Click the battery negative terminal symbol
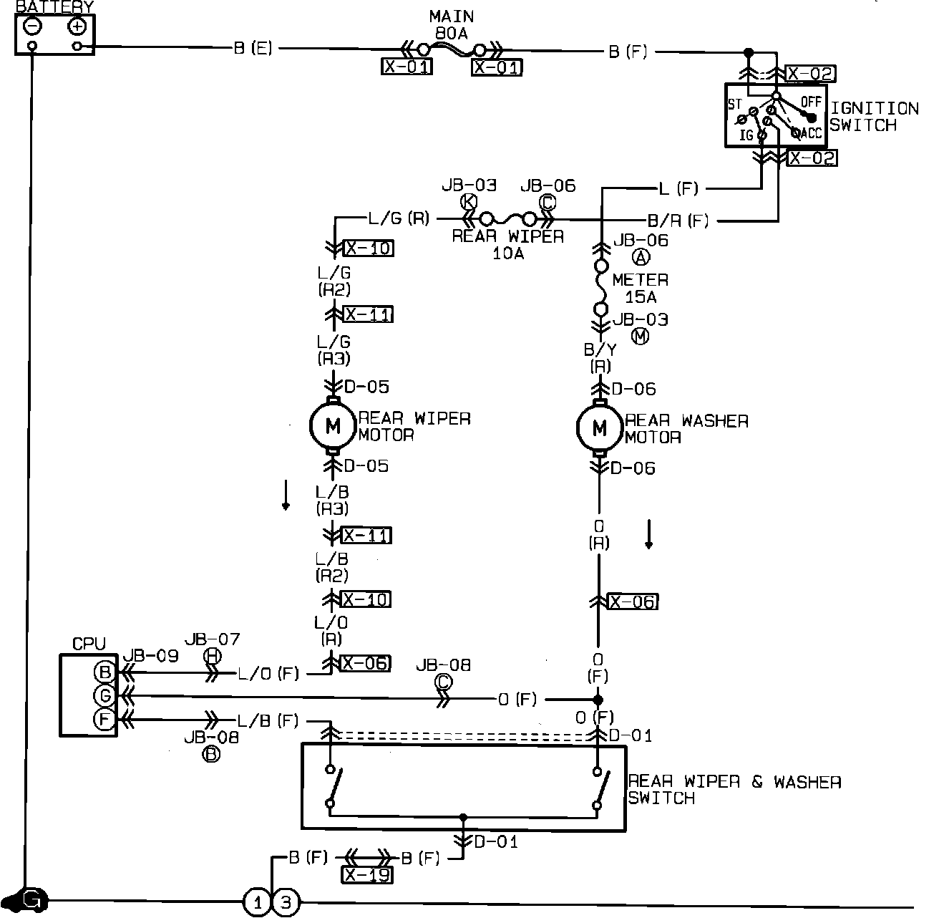pyautogui.click(x=33, y=26)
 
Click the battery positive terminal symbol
pyautogui.click(x=77, y=26)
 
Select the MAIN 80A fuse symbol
pyautogui.click(x=452, y=50)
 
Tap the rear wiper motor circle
pyautogui.click(x=333, y=427)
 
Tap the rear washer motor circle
pyautogui.click(x=600, y=428)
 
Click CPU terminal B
pyautogui.click(x=104, y=672)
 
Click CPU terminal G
pyautogui.click(x=104, y=695)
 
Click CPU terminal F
pyautogui.click(x=104, y=719)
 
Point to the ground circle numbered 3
pyautogui.click(x=285, y=902)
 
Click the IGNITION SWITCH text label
pyautogui.click(x=874, y=117)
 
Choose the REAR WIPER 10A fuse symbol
pyautogui.click(x=507, y=218)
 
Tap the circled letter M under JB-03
pyautogui.click(x=640, y=336)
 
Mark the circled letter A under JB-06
pyautogui.click(x=641, y=257)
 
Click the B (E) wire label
pyautogui.click(x=253, y=49)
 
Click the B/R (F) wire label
pyautogui.click(x=677, y=221)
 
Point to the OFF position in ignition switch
pyautogui.click(x=811, y=102)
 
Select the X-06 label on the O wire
pyautogui.click(x=633, y=601)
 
